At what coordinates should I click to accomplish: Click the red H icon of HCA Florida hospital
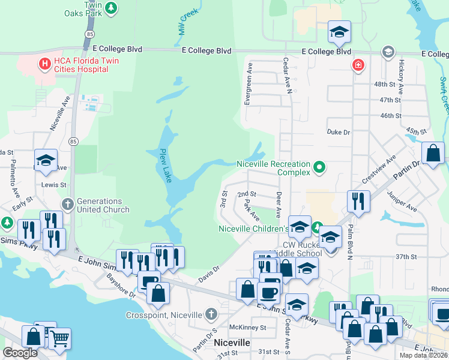tap(44, 62)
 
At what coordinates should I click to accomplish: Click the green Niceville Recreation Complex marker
tap(319, 168)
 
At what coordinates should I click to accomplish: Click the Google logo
tap(20, 353)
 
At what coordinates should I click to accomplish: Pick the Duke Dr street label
tap(338, 131)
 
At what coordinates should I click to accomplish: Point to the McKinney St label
tap(247, 328)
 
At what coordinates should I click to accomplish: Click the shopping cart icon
tap(59, 338)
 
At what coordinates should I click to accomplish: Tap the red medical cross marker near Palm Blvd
tap(358, 64)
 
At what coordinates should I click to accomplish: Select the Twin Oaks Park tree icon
tap(110, 7)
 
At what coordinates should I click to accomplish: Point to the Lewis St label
tap(54, 185)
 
